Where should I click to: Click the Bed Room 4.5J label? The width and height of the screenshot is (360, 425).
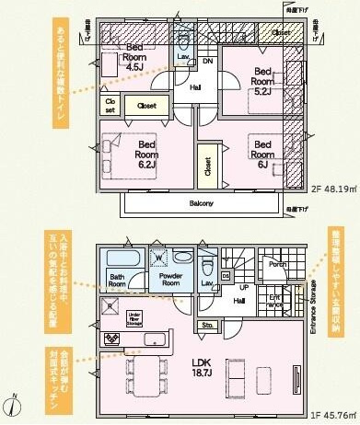point(135,56)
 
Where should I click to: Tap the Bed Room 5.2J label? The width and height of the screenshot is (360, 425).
point(263,80)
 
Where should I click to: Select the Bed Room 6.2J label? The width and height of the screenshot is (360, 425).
point(147,150)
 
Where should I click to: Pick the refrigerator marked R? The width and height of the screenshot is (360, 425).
point(111,305)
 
